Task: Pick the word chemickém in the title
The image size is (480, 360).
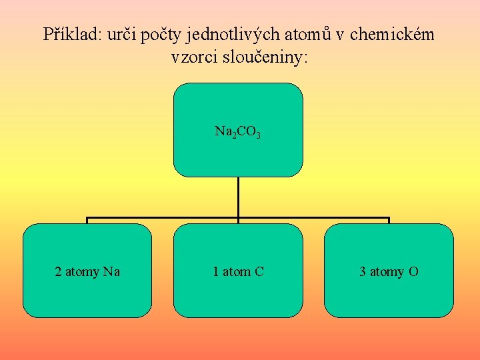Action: point(392,34)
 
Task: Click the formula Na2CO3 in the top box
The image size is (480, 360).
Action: point(237,131)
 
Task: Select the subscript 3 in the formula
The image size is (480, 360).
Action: point(258,135)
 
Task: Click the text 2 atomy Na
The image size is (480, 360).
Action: point(87,271)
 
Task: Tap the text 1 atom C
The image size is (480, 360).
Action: point(238,271)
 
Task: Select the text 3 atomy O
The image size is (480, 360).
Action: point(389,271)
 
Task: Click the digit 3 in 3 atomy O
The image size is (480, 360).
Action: point(363,271)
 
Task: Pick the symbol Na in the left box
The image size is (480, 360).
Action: point(112,271)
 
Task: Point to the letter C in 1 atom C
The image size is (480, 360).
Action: point(259,271)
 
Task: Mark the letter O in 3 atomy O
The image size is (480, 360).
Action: point(414,271)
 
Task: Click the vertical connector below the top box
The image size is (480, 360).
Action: point(238,197)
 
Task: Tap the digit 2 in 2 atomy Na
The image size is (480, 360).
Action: point(58,271)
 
